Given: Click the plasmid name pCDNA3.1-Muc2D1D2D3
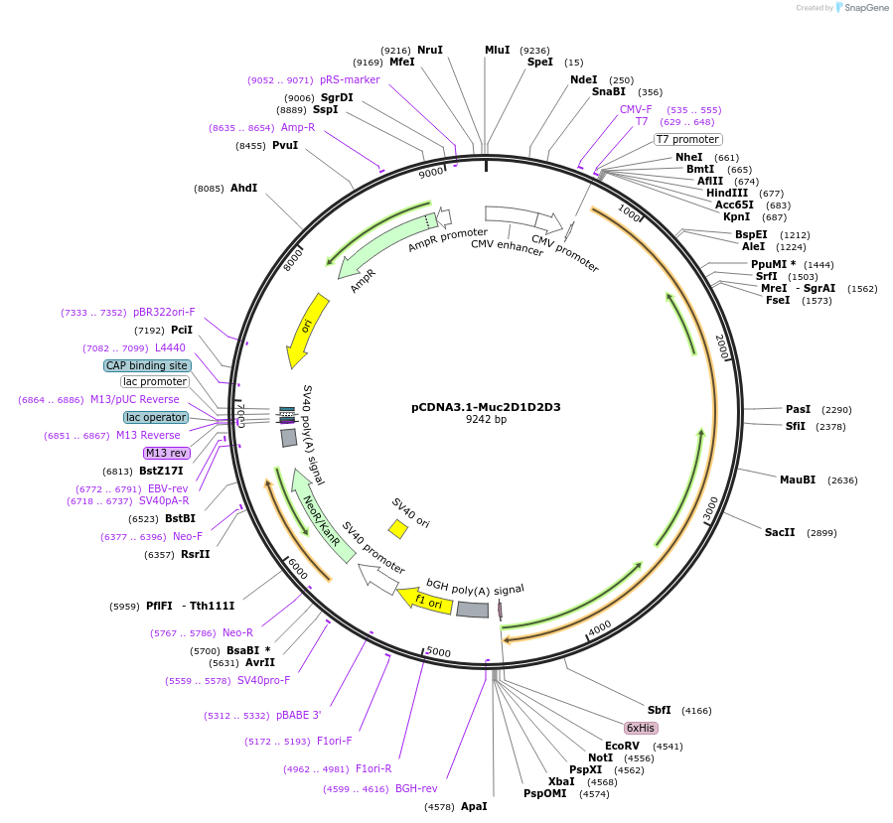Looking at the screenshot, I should coord(486,407).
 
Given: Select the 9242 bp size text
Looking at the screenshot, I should coord(486,420).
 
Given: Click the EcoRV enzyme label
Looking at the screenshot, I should coord(622,746).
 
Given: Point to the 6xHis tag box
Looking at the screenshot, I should coord(641,728).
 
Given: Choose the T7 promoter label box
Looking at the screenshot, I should coord(687,139).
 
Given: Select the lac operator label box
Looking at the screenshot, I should coord(155,417).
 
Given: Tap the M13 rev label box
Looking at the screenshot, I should coord(166,453).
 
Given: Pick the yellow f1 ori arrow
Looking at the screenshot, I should coord(425,600).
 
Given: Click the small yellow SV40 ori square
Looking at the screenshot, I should coord(397,529).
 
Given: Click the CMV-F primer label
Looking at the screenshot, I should coord(636,109).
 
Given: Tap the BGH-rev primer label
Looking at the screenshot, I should coord(416,788).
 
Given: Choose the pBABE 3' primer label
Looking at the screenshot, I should coord(299,715).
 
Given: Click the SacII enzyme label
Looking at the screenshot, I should coord(780,532).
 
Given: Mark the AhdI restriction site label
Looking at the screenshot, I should coord(243,188).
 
